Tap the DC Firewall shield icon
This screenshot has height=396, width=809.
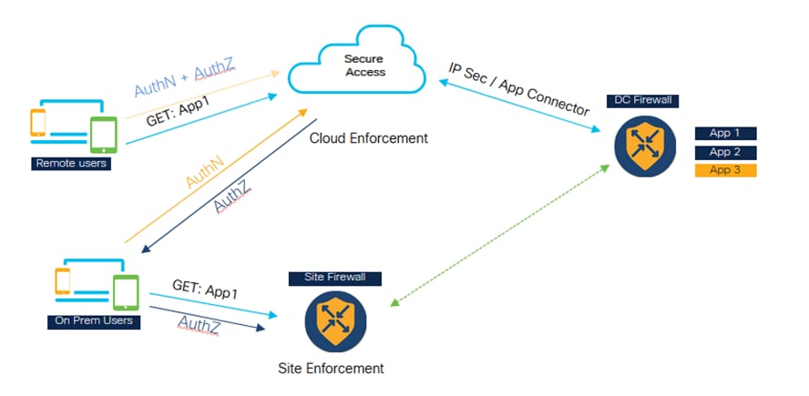coord(645,146)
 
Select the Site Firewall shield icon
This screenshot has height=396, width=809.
coord(335,321)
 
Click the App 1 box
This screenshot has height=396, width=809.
coord(725,134)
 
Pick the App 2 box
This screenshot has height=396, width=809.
coord(725,153)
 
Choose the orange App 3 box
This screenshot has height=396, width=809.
coord(725,170)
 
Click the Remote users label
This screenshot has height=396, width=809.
coord(71,164)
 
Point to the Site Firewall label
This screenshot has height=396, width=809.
coord(335,278)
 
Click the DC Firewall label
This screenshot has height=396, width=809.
coord(642,100)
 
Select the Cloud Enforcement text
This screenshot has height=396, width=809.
coord(368,138)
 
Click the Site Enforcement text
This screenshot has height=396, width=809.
coord(331,369)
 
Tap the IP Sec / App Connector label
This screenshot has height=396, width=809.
coord(517,89)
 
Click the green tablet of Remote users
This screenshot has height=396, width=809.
coord(103,135)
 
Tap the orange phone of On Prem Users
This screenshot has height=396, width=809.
coord(63,281)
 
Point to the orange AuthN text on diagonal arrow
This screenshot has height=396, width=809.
coord(205,172)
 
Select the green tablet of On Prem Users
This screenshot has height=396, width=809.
coord(126,293)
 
